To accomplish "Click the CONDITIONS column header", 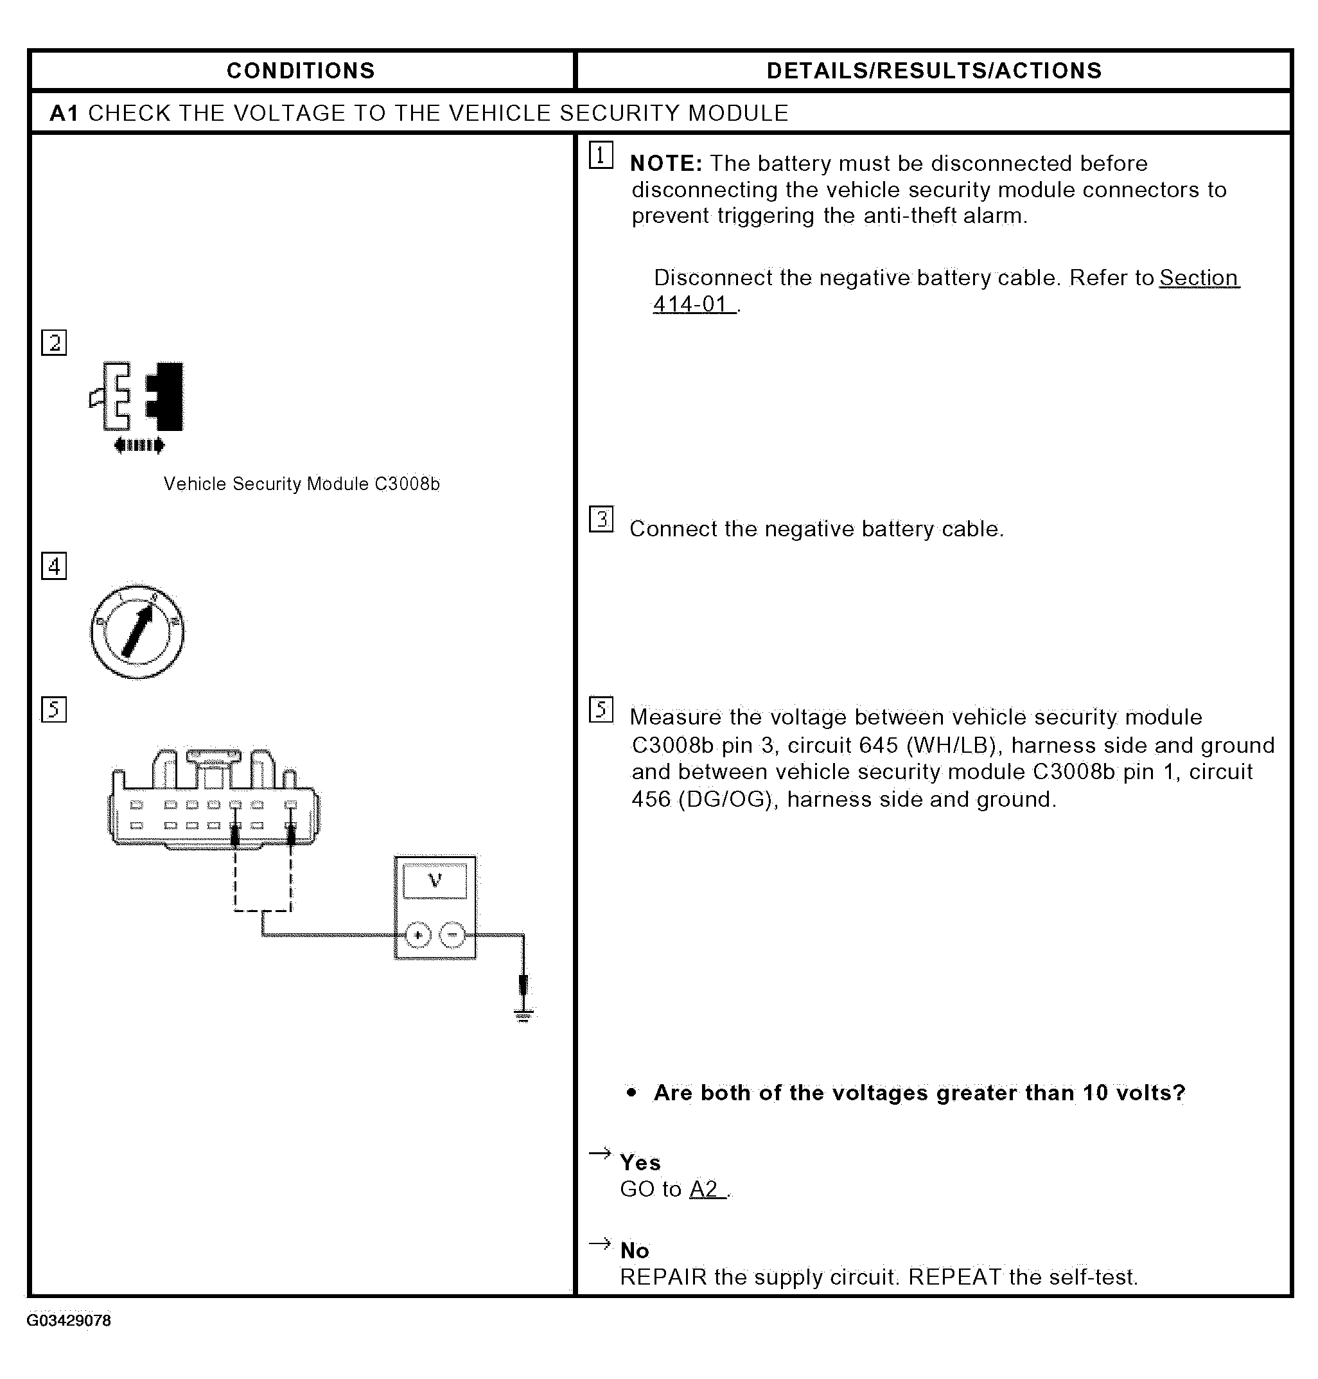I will (x=301, y=71).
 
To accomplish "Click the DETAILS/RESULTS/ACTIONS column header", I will (x=934, y=71).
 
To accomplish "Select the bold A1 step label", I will (x=63, y=113).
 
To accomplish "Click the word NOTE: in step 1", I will (x=666, y=164).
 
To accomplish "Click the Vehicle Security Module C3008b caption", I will (x=301, y=484).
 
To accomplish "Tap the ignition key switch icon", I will (x=137, y=631).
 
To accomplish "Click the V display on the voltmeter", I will (x=435, y=880).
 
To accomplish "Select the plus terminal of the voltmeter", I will (x=419, y=935).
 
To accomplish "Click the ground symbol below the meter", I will (x=523, y=1014).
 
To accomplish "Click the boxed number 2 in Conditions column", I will (x=54, y=343).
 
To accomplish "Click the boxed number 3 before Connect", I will (x=601, y=519).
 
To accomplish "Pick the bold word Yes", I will (x=640, y=1163).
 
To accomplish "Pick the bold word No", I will (x=635, y=1251).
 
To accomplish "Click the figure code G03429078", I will (x=69, y=1321).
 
